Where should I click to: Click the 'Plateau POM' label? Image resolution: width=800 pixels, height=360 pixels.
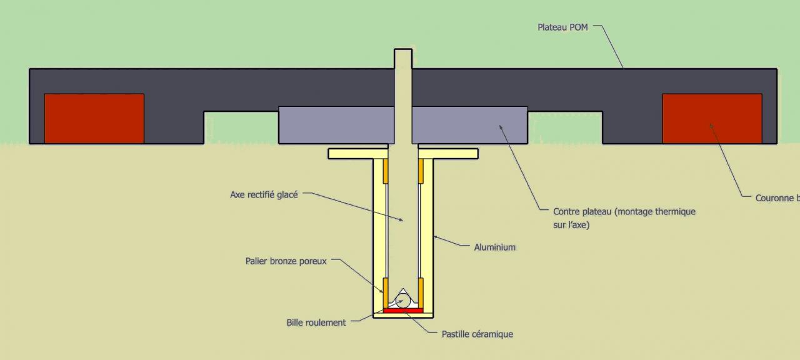click(562, 27)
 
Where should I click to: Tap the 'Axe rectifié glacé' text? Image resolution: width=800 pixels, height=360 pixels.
click(264, 194)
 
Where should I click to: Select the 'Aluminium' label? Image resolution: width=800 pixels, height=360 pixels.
click(494, 247)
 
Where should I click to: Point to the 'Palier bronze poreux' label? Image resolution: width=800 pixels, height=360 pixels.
click(286, 261)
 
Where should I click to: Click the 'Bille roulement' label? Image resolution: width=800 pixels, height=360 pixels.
click(316, 322)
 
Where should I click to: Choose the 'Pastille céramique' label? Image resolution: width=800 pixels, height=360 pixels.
click(477, 334)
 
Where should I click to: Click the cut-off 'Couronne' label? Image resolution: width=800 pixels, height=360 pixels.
click(775, 198)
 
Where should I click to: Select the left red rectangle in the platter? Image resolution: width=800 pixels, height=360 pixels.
click(94, 119)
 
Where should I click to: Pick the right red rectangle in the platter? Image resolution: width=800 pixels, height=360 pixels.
click(712, 119)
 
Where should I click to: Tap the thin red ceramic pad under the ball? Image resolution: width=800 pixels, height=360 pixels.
click(403, 310)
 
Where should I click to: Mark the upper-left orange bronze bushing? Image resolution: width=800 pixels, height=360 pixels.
click(386, 171)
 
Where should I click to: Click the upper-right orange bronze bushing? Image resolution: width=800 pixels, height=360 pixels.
click(421, 171)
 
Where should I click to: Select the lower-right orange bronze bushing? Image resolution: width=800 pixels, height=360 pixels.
click(421, 291)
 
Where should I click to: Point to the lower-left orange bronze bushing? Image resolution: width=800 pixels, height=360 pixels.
click(386, 291)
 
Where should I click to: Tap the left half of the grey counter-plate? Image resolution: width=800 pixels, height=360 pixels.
click(336, 125)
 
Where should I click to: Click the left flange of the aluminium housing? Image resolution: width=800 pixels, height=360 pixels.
click(350, 154)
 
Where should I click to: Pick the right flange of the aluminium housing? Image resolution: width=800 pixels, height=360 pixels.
click(455, 154)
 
